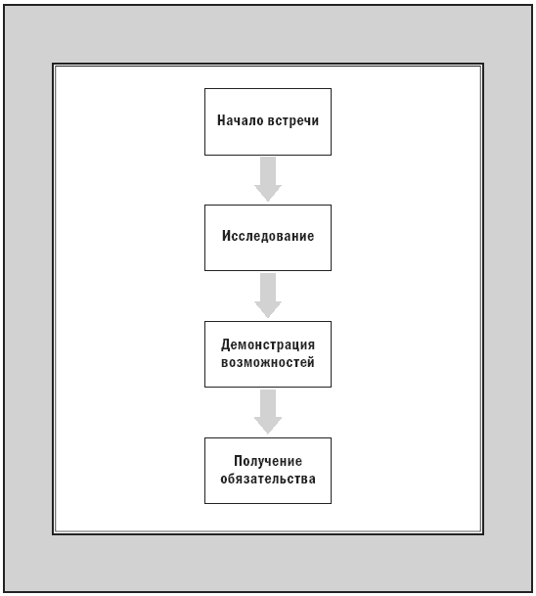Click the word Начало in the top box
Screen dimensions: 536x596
point(241,120)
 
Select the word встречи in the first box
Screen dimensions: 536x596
point(293,121)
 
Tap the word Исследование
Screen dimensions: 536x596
point(268,236)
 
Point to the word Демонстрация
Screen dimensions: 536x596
point(268,345)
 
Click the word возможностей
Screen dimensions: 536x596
point(268,362)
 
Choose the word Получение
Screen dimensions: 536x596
point(268,461)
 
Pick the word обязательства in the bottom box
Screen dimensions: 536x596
point(268,479)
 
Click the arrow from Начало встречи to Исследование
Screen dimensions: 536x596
point(268,179)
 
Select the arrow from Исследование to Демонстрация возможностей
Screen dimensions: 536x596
point(268,296)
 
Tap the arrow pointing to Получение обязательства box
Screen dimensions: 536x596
point(268,412)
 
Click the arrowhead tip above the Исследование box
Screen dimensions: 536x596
point(268,202)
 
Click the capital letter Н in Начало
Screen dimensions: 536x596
point(221,120)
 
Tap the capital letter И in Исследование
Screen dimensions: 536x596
point(226,236)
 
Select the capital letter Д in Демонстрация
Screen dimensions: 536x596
point(226,345)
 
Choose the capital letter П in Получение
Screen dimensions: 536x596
point(238,461)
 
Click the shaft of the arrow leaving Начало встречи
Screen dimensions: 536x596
point(268,171)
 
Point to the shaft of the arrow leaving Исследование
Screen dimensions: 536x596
point(268,288)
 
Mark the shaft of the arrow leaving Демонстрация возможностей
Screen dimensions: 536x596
point(268,403)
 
